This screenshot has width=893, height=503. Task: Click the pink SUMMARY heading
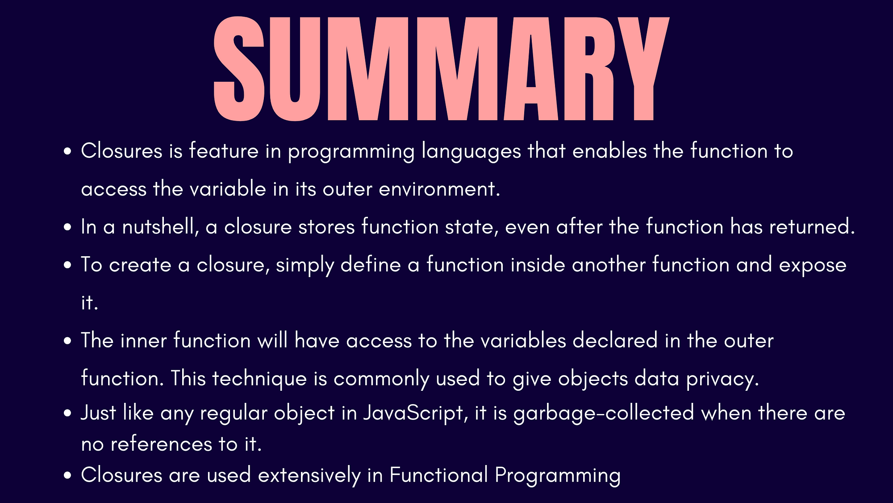441,69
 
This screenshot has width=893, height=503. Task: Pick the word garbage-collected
604,413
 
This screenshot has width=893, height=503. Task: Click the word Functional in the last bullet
438,474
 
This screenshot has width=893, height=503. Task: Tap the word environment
439,189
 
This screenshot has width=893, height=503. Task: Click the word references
161,444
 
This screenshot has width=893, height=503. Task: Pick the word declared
615,341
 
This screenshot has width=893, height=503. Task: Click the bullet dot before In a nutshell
67,227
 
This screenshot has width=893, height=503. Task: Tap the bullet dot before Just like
67,413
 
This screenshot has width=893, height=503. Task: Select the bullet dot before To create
67,265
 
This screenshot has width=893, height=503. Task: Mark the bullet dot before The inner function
67,341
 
